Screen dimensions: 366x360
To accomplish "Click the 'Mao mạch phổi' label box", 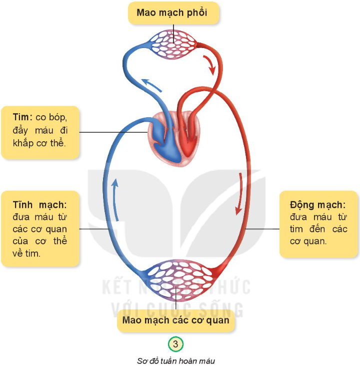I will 174,13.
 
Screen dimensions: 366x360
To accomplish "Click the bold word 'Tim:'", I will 23,117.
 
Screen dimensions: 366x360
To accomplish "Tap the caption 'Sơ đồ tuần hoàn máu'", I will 175,359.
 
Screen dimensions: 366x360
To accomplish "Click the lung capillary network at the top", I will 172,39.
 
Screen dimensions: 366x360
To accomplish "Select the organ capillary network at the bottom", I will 175,281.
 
